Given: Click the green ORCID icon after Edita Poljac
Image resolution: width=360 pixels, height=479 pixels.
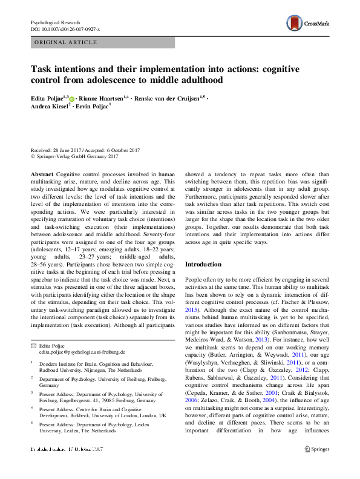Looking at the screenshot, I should (72, 99).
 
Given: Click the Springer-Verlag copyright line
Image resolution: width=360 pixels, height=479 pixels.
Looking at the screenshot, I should (73, 156).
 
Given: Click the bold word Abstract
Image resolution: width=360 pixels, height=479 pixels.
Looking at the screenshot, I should (42, 173).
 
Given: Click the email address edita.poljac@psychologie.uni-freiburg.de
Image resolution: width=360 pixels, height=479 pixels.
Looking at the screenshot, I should (82, 351).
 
